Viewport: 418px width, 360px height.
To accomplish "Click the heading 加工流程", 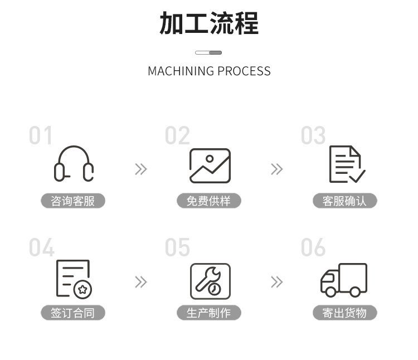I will click(x=209, y=24).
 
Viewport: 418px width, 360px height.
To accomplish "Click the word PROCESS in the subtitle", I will click(x=244, y=71).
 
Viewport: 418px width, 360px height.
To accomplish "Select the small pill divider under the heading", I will click(x=208, y=52).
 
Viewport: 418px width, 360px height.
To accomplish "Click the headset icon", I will click(x=74, y=164).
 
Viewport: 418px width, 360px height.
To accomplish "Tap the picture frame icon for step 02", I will click(x=210, y=166).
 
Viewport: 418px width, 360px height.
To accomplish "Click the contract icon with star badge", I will click(x=74, y=279).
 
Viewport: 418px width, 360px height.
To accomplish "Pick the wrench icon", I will click(x=210, y=281).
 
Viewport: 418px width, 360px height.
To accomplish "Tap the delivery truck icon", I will click(x=344, y=280).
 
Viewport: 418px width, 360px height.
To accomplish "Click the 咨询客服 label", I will click(x=73, y=201).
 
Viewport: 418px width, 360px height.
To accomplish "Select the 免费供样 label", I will click(x=209, y=201).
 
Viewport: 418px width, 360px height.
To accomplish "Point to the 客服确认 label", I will click(x=344, y=201).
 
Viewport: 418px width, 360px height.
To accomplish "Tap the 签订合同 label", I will click(x=73, y=313).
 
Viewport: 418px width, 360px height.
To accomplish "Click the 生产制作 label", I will click(x=209, y=313).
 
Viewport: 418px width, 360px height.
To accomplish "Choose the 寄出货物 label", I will click(x=344, y=313).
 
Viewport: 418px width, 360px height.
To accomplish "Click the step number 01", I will click(x=41, y=136).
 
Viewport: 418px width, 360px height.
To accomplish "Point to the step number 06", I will click(x=313, y=248).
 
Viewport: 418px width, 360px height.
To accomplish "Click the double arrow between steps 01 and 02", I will click(x=141, y=169).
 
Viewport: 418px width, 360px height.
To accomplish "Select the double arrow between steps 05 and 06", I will click(x=277, y=282).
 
